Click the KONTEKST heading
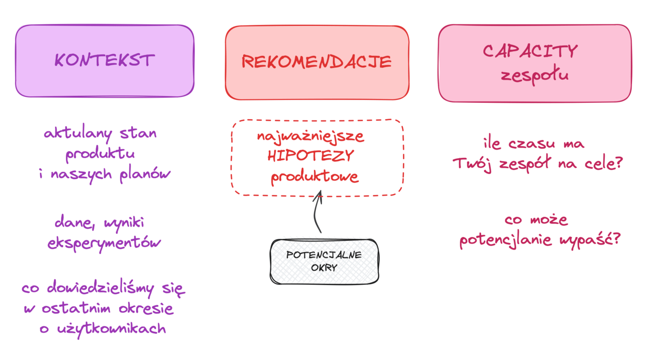[104, 60]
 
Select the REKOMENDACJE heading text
[316, 62]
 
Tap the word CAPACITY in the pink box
[530, 51]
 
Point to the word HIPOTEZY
[310, 156]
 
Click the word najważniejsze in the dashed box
[310, 137]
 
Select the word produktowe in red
[314, 176]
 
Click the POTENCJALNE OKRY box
[324, 262]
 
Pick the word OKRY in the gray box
[324, 268]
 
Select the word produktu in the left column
[100, 154]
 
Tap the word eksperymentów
[104, 243]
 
